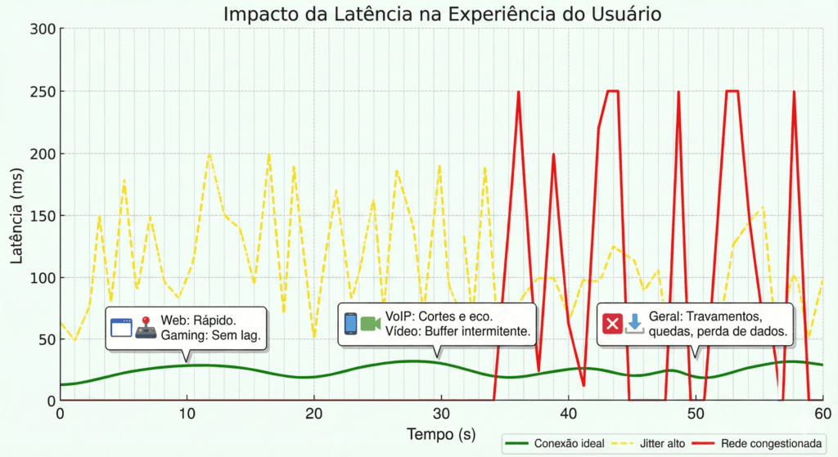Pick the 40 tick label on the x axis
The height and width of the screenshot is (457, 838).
[568, 414]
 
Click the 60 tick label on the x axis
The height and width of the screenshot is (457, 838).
[822, 414]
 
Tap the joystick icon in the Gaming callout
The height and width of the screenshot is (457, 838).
[146, 328]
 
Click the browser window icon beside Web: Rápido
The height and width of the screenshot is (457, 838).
[121, 328]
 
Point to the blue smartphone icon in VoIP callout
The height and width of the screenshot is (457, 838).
[350, 324]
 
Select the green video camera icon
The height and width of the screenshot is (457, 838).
[371, 324]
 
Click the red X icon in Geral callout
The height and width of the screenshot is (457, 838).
[612, 324]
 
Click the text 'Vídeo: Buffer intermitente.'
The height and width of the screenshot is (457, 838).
[457, 331]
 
